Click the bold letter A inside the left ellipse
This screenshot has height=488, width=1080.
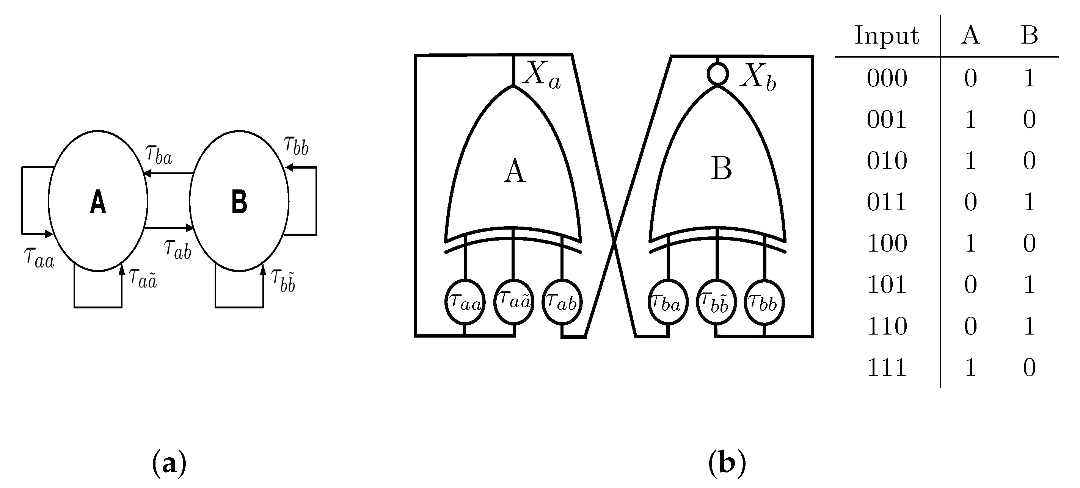[98, 202]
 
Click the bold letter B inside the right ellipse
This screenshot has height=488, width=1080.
[239, 202]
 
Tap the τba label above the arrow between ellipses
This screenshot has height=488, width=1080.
[159, 155]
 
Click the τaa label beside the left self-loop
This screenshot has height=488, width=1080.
[39, 257]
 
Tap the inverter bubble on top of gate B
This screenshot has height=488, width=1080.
[718, 74]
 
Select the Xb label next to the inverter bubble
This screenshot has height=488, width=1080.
[758, 77]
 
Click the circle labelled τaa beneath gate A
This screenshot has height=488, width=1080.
[465, 302]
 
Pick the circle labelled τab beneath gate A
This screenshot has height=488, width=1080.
[562, 302]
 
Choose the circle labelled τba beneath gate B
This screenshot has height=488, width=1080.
[667, 302]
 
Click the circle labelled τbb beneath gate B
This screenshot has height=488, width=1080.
[764, 302]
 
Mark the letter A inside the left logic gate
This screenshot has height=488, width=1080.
[515, 172]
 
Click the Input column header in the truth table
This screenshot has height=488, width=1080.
[886, 35]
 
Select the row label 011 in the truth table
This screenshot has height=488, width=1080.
[887, 202]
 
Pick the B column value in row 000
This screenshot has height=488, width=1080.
[1029, 78]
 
